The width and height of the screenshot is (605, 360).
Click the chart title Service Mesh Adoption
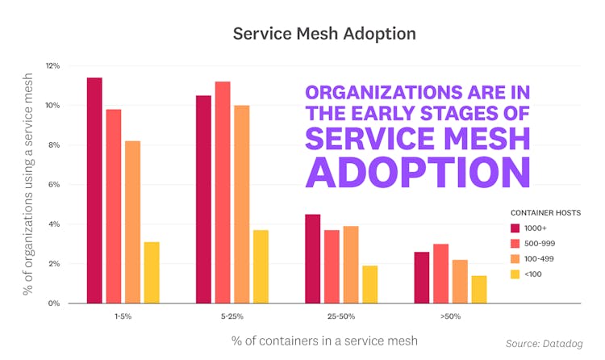(302, 34)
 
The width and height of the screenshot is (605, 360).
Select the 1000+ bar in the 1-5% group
(94, 190)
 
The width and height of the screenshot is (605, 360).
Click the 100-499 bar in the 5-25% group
(242, 204)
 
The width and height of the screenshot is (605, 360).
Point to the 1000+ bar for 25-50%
(313, 258)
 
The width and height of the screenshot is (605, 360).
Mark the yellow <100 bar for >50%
(479, 289)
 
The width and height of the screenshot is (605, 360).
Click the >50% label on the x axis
(450, 316)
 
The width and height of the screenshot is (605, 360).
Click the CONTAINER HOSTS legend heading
(544, 212)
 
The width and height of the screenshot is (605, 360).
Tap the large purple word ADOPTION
(418, 171)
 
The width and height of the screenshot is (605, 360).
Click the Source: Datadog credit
(545, 344)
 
